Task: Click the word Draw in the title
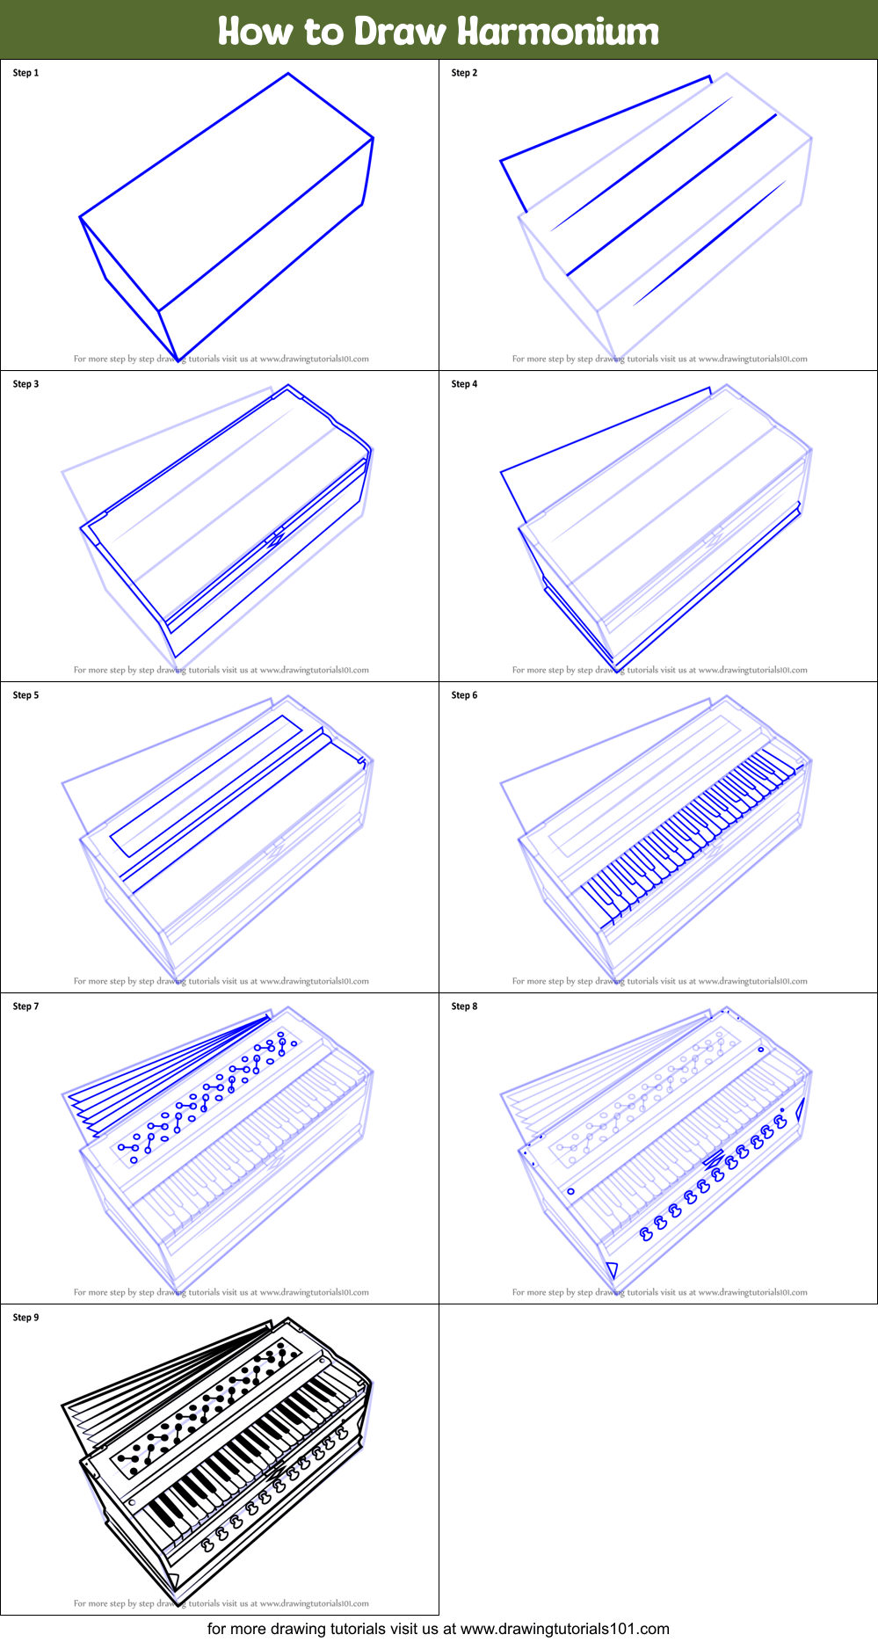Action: (x=400, y=32)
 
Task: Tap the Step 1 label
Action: (x=25, y=73)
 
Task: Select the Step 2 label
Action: (x=464, y=73)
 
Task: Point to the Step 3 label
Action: (x=25, y=384)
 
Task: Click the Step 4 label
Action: (x=464, y=384)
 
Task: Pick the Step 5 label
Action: (x=25, y=695)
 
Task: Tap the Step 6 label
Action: (x=464, y=695)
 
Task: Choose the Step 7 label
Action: (x=25, y=1006)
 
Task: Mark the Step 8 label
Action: (x=464, y=1006)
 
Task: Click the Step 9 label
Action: (x=25, y=1318)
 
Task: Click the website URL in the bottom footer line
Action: (x=564, y=1629)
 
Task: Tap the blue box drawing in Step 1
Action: (x=227, y=220)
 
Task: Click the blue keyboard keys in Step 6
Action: (x=694, y=826)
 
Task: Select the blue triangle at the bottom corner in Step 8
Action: (x=612, y=1269)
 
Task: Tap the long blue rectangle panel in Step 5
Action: (x=207, y=785)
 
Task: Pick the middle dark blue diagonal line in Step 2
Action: (x=672, y=194)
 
